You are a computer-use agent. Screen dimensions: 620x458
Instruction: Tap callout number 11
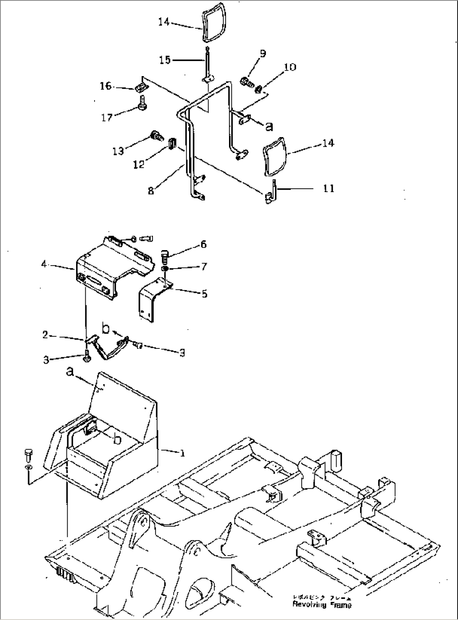[x=329, y=189]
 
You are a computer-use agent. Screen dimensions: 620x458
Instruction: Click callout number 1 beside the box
[x=182, y=453]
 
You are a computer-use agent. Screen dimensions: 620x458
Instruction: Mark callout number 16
[x=106, y=86]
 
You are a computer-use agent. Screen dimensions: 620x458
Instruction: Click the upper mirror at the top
[x=213, y=26]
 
